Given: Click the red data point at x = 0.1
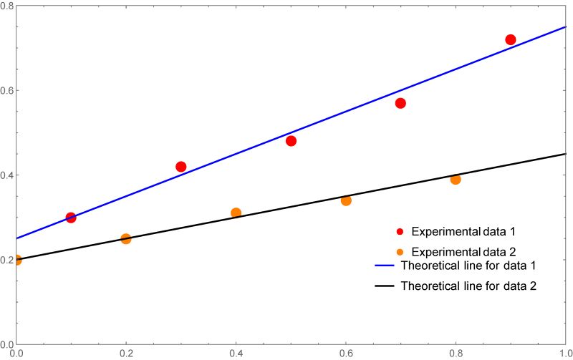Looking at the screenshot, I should click(x=71, y=218).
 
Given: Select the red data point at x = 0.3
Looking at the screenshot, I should click(x=180, y=167).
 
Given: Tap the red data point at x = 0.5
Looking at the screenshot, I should click(x=291, y=141).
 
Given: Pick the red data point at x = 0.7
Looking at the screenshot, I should click(x=400, y=103).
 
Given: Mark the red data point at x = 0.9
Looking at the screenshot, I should click(x=511, y=39).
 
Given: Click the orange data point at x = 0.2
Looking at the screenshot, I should click(x=126, y=239).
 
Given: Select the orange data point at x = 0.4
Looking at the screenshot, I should click(x=236, y=213).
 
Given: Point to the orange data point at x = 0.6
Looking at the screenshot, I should click(x=346, y=200).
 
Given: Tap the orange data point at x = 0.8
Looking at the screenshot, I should click(x=456, y=179).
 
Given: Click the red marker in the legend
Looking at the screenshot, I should click(x=400, y=232).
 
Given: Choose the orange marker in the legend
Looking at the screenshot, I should click(x=400, y=252).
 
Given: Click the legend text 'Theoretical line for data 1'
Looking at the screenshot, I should click(x=468, y=266).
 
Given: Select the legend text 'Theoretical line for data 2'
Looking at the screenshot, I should click(x=468, y=286).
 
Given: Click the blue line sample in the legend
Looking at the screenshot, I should click(x=385, y=266).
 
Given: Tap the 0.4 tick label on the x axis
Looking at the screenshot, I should click(x=236, y=353).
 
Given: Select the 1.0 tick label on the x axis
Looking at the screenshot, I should click(x=565, y=353).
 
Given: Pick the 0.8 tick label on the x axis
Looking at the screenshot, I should click(x=456, y=353).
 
